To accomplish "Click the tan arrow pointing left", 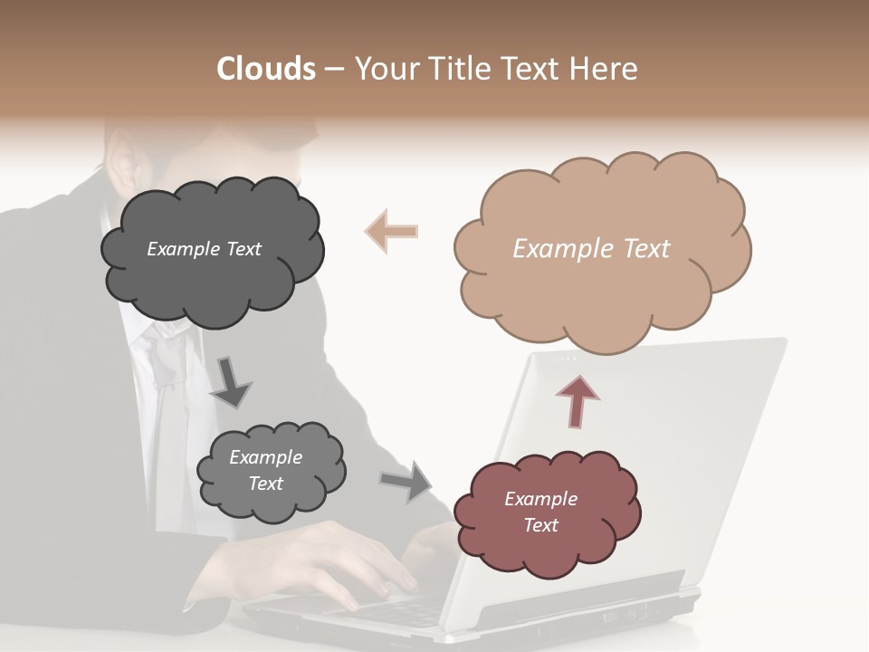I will point(391,231).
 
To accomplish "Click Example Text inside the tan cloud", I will point(591,249).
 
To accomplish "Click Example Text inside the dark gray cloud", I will point(204,249).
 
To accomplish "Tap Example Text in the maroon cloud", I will point(540,512).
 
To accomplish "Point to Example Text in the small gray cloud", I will point(265,470).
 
